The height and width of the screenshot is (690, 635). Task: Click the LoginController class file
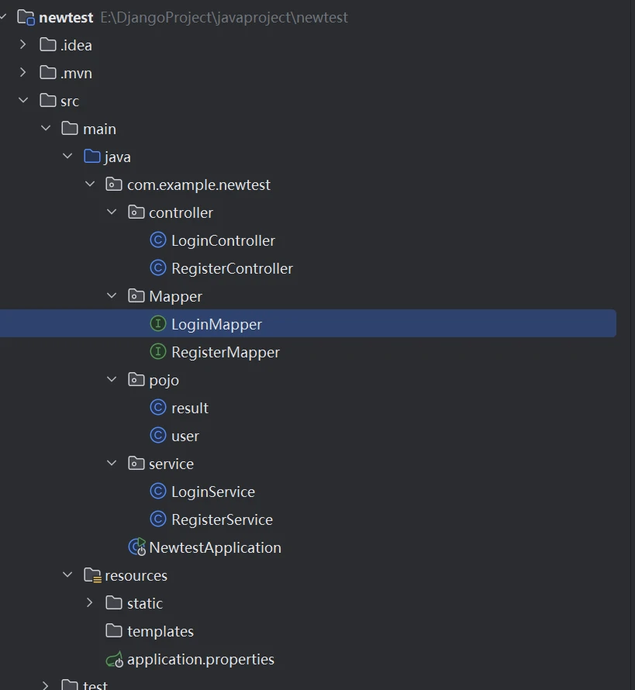click(223, 240)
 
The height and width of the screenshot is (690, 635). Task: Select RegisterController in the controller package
click(232, 268)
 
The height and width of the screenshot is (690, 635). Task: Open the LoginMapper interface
click(216, 324)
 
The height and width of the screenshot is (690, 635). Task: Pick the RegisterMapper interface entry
click(225, 352)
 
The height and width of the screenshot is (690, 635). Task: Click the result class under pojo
click(189, 408)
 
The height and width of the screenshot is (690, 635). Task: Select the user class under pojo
click(185, 436)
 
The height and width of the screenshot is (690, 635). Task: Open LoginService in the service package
click(212, 492)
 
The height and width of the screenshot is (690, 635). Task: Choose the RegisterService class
click(222, 519)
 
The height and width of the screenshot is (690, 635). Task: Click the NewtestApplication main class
click(215, 547)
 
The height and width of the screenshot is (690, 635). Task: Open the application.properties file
click(200, 660)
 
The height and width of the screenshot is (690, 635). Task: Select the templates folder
click(160, 631)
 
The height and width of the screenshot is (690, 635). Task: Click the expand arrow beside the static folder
click(90, 603)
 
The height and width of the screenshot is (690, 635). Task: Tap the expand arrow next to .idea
click(23, 45)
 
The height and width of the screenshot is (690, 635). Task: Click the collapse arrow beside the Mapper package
click(112, 296)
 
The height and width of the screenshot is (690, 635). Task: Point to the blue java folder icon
click(92, 157)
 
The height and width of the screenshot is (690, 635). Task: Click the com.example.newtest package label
click(198, 185)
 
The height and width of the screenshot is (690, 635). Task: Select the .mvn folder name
click(76, 73)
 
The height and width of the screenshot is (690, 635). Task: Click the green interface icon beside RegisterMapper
click(158, 352)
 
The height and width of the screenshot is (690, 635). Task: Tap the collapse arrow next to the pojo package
click(112, 380)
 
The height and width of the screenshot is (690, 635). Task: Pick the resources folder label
click(136, 575)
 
